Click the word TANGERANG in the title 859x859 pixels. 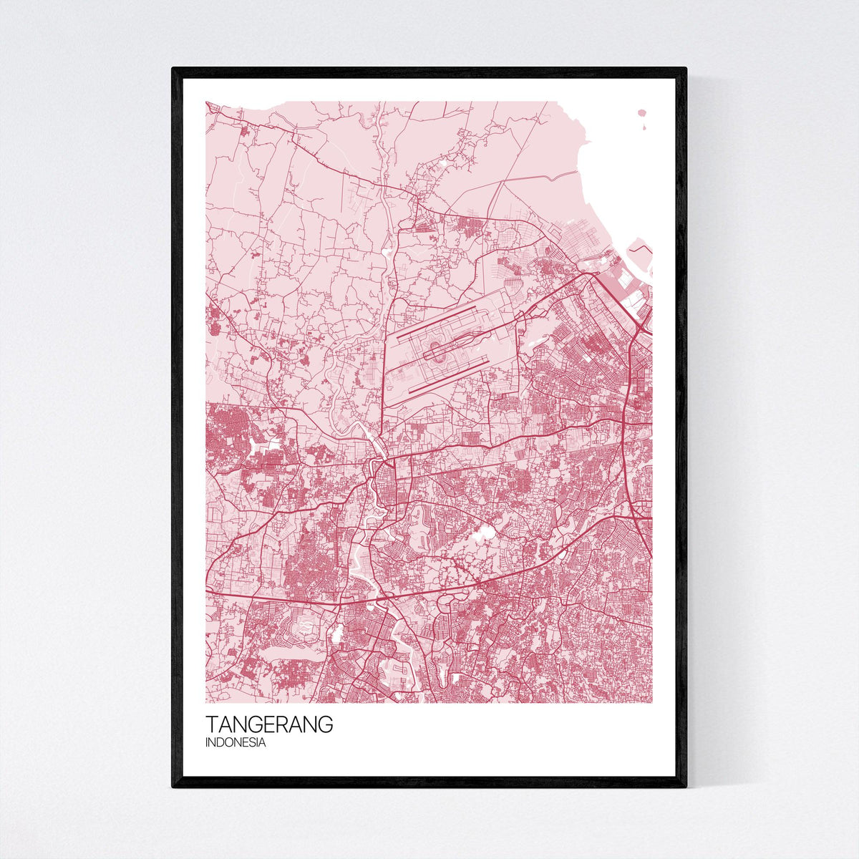point(269,724)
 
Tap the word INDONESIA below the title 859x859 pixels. point(236,743)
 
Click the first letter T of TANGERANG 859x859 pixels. point(211,724)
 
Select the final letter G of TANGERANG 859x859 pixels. point(326,724)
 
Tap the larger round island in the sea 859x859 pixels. point(642,113)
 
